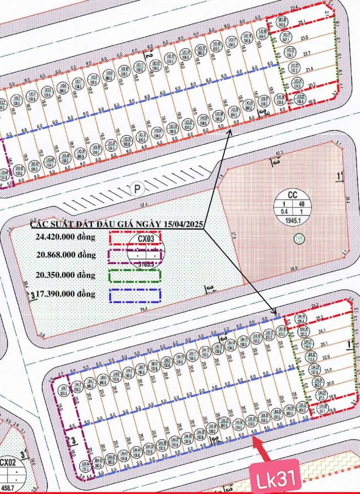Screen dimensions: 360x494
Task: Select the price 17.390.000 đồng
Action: (65, 294)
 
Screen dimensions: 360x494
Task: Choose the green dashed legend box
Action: (135, 275)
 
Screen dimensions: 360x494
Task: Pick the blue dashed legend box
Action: (135, 295)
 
